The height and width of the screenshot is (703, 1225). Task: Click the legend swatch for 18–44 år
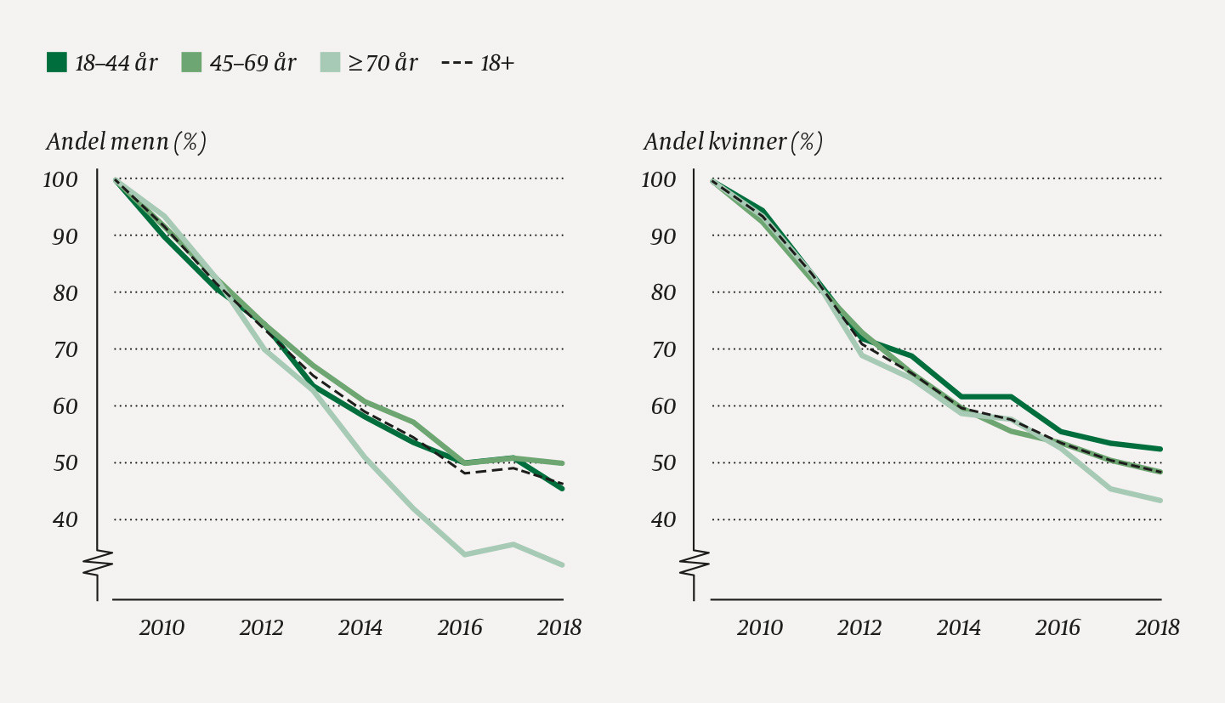(x=57, y=63)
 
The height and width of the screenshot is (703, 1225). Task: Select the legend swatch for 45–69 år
(x=191, y=63)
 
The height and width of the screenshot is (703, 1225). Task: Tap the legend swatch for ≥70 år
(x=330, y=63)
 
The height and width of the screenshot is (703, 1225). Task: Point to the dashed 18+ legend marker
(x=457, y=63)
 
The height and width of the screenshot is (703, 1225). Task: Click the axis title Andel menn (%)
(x=126, y=142)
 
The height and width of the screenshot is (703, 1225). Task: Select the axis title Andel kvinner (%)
(x=733, y=142)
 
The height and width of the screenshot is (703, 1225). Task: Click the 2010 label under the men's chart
(x=162, y=628)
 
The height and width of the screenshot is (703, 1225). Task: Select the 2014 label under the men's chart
(x=360, y=628)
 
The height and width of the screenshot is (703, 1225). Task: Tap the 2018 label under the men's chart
(x=559, y=628)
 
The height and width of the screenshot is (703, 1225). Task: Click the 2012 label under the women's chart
(x=859, y=628)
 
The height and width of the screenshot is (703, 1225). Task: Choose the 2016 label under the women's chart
(x=1058, y=628)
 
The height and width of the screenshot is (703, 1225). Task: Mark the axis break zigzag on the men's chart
(x=98, y=563)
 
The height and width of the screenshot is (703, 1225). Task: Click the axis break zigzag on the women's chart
(x=695, y=563)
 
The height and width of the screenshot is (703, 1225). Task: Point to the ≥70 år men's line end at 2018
(x=563, y=564)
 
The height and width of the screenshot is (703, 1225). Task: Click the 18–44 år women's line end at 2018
(x=1160, y=449)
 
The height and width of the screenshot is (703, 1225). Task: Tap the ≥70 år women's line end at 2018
(x=1160, y=500)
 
